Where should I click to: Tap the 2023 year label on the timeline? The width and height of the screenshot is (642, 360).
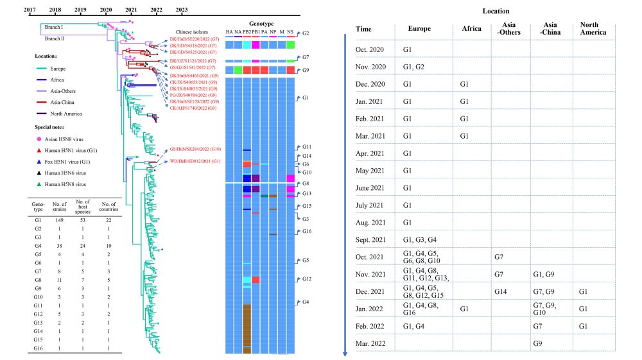(x=182, y=10)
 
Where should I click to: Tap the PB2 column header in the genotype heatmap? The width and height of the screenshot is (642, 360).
(x=247, y=31)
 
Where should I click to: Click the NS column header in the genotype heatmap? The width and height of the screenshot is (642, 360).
(x=290, y=31)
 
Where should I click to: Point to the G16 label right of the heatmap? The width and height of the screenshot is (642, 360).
(x=306, y=231)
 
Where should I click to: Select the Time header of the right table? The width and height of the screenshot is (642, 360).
(x=363, y=29)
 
